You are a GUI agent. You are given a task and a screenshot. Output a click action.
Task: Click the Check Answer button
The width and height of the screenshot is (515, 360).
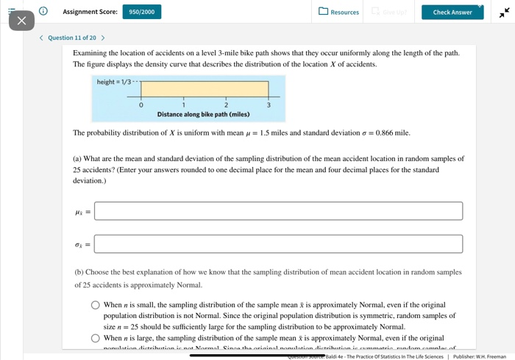(x=452, y=12)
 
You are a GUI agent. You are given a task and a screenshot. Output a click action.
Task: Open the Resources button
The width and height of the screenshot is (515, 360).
(x=339, y=12)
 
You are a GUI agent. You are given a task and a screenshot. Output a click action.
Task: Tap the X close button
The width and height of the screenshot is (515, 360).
(x=21, y=21)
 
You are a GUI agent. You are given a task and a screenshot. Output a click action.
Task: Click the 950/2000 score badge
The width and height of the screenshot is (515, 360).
(x=141, y=12)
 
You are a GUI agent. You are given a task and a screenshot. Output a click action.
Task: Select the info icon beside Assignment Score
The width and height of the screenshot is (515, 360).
(x=43, y=11)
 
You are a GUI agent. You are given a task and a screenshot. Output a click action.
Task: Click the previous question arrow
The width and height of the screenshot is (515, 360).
(x=41, y=38)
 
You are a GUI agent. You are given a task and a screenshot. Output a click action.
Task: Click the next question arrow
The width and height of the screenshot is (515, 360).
(x=103, y=38)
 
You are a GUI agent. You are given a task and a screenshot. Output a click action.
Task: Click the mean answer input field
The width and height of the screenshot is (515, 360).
(x=278, y=211)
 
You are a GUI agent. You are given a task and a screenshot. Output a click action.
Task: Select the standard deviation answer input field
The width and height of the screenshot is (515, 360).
(x=278, y=244)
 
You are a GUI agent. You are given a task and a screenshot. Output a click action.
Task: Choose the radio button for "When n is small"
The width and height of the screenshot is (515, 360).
(x=96, y=305)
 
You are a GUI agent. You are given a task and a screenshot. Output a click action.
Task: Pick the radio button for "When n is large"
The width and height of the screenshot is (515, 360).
(x=96, y=338)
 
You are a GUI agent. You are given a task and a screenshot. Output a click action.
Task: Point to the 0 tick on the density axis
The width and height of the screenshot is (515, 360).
(x=141, y=105)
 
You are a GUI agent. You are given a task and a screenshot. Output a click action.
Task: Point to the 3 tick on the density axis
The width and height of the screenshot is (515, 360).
(x=269, y=105)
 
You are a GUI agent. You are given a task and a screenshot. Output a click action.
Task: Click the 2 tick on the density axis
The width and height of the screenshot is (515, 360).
(x=226, y=105)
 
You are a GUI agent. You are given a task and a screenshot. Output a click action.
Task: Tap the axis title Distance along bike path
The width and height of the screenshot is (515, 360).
(x=203, y=114)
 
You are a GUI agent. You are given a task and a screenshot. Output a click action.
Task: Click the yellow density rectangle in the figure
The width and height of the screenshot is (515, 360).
(x=205, y=89)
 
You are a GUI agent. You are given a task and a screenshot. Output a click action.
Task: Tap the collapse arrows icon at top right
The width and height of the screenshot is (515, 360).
(x=503, y=13)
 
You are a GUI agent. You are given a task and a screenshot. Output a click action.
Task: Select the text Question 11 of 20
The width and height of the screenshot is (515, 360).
(x=72, y=38)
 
